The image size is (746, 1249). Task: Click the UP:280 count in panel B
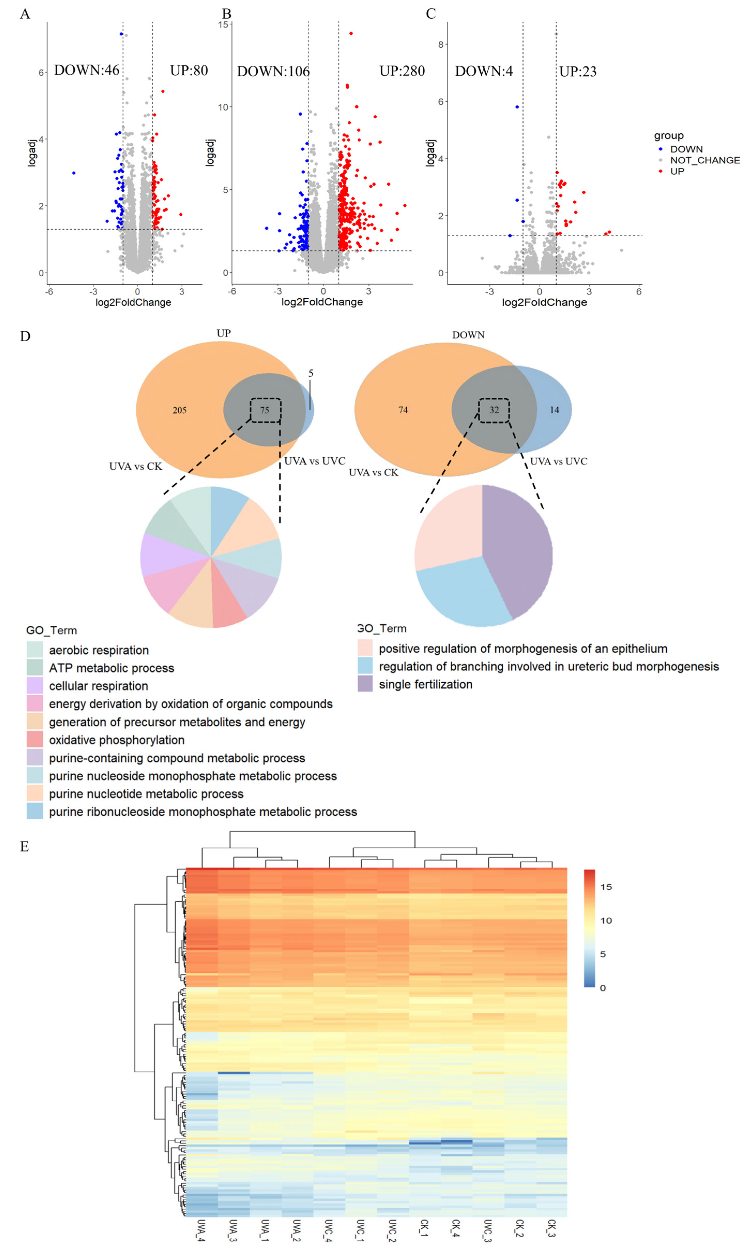(x=402, y=71)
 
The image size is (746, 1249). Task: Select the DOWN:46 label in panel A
(x=87, y=70)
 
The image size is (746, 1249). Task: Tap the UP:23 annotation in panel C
(x=578, y=72)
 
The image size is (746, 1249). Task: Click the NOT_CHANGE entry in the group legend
(x=704, y=160)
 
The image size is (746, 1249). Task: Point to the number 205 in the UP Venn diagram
(x=180, y=410)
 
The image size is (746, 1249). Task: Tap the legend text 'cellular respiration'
(x=98, y=686)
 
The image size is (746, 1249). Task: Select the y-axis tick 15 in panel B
(x=224, y=25)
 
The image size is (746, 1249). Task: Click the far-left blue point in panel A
(x=74, y=173)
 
